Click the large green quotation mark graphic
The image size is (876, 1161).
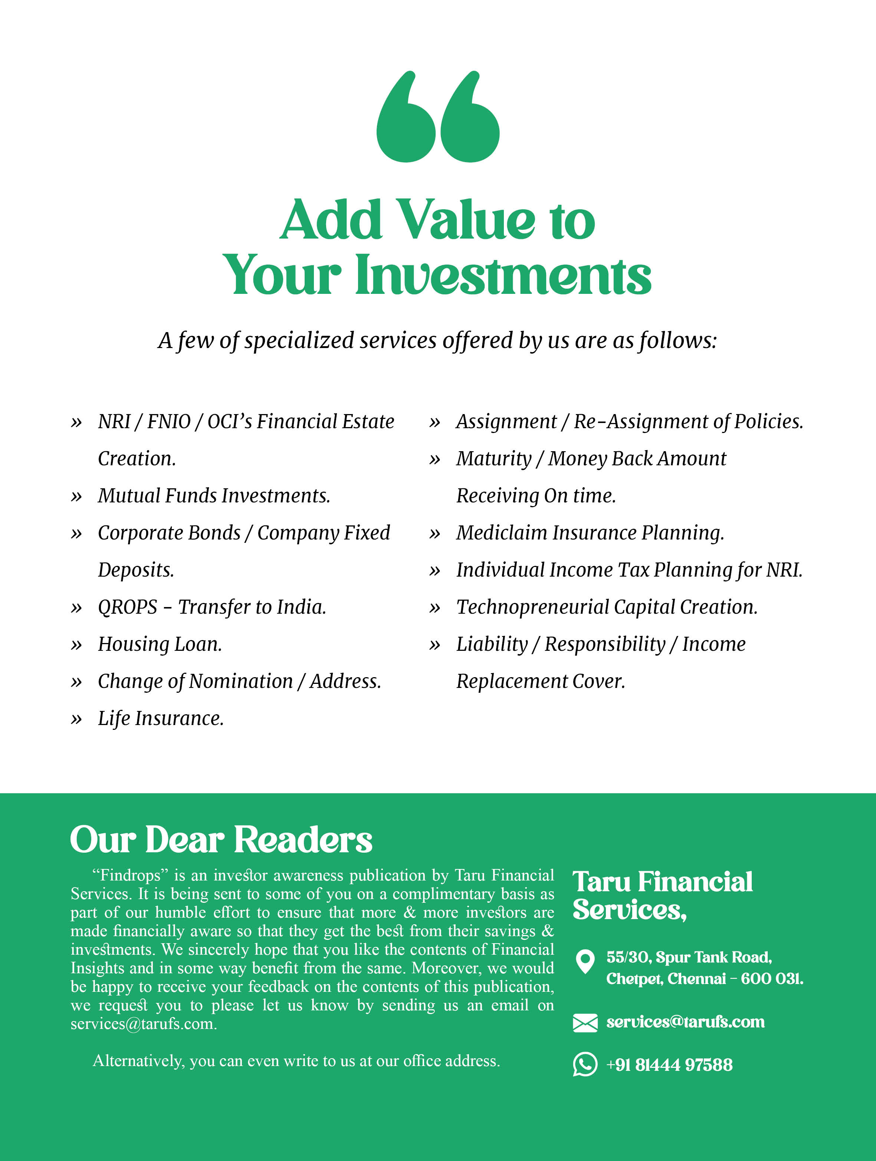tap(438, 117)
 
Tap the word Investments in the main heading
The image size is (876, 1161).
tap(503, 275)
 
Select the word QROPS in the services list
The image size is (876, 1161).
tap(128, 607)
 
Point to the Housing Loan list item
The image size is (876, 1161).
tap(160, 645)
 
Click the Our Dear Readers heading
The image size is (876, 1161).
tap(221, 840)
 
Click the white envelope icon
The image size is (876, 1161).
tap(585, 1023)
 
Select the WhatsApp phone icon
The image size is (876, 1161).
tap(585, 1065)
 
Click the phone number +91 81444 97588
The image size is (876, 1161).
tap(669, 1065)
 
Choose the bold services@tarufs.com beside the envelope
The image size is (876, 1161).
tap(685, 1022)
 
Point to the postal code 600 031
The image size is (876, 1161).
tap(771, 979)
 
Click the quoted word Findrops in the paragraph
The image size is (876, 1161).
tap(129, 875)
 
